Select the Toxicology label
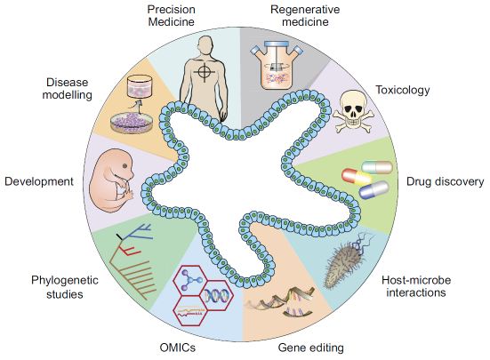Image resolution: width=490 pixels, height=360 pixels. coord(403,90)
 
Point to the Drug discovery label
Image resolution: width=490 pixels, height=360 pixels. coord(445,181)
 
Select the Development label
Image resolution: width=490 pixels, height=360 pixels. coord(38,181)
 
